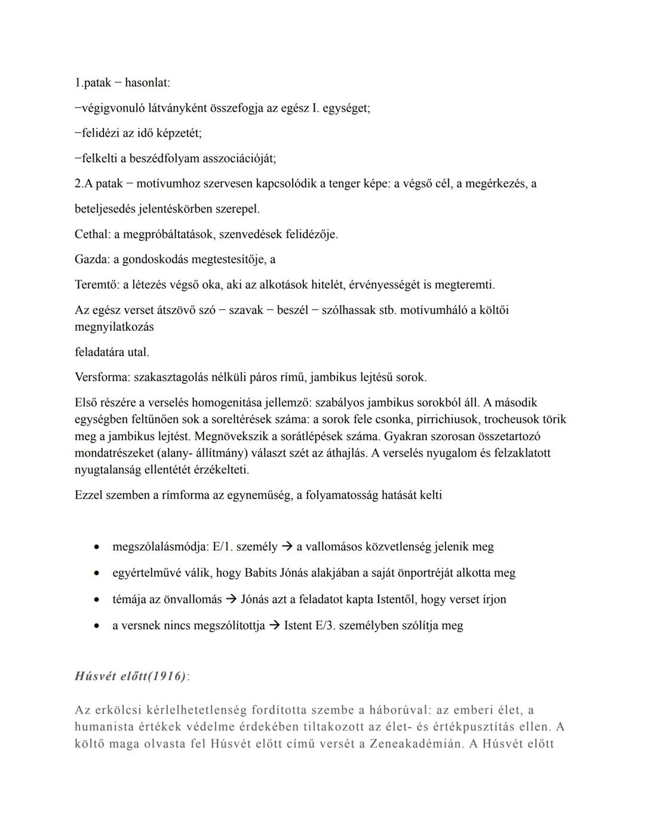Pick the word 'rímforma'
coord(185,495)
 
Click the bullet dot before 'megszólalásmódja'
coord(95,547)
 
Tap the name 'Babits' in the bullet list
coord(260,573)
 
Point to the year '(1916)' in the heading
coord(165,676)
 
